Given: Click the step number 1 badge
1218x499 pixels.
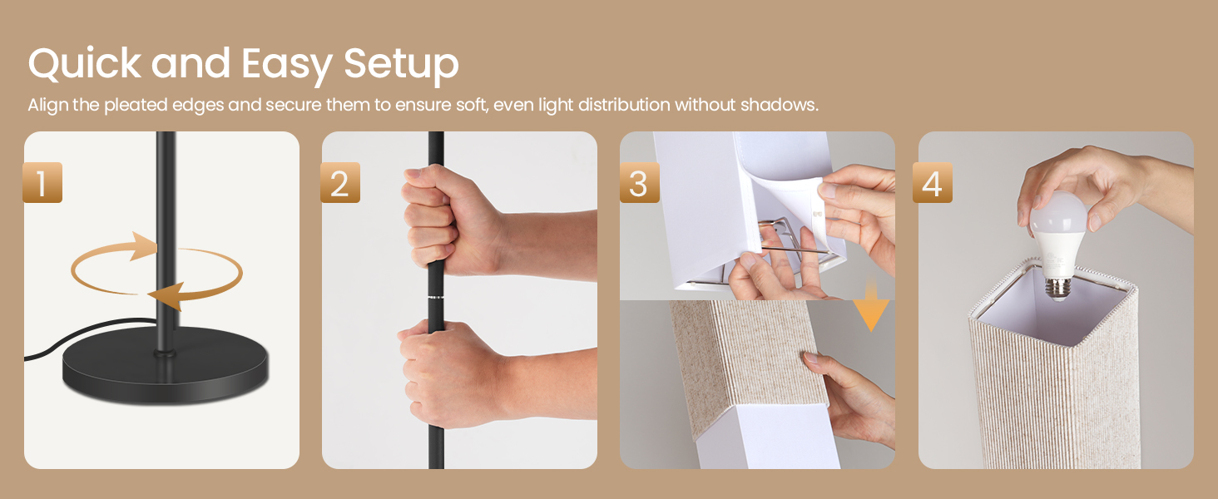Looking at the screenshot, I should [x=42, y=183].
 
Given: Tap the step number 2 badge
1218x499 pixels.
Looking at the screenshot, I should [x=340, y=183].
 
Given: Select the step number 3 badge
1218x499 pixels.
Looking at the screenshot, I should [x=639, y=183].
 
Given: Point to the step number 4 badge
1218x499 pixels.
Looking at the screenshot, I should [x=932, y=183].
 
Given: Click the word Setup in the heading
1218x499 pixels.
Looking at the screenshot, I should [x=401, y=64].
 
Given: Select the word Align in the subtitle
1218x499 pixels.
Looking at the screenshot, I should [x=47, y=106].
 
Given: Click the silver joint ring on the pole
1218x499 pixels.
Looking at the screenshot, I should [x=435, y=297].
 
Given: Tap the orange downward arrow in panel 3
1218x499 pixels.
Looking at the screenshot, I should [x=870, y=313].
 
